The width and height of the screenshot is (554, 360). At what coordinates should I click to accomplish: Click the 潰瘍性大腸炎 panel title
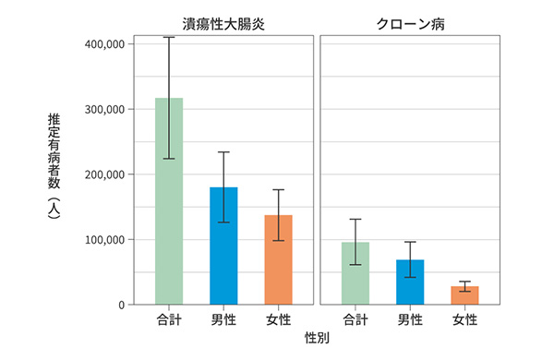pos(223,23)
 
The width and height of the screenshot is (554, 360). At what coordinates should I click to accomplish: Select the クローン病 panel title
pos(409,23)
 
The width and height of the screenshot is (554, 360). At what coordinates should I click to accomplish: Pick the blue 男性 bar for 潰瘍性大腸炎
pos(223,246)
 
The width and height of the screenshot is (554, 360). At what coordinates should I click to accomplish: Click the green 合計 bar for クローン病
pos(355,273)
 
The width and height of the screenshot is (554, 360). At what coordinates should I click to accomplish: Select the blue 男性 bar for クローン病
pos(410,282)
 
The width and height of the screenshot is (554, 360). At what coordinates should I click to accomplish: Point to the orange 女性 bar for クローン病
pos(464,295)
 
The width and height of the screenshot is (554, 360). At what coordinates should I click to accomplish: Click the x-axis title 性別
pos(317,339)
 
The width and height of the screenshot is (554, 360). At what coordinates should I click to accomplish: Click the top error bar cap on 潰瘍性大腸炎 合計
pos(169,37)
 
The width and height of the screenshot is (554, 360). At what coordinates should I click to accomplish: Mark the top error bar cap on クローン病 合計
pos(355,219)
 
